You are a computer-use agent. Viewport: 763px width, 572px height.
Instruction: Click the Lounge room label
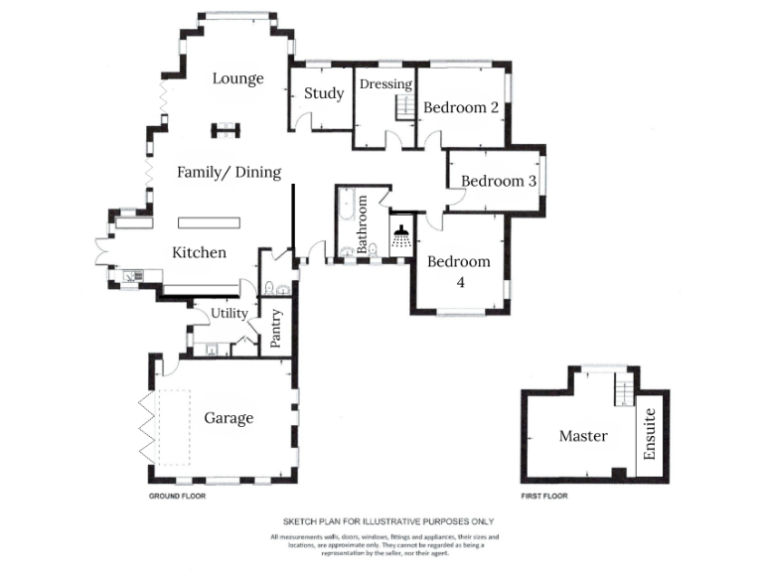(238, 78)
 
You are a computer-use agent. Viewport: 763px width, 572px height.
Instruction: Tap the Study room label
(324, 93)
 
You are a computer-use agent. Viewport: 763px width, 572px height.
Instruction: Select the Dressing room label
(385, 84)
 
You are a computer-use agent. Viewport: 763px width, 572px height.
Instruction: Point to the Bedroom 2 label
(461, 107)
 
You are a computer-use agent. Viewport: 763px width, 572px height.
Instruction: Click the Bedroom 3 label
(499, 182)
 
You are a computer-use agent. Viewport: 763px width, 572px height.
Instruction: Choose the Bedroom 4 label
(459, 271)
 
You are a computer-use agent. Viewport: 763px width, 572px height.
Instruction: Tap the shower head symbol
(402, 236)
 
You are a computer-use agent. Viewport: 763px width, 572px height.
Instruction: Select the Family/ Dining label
(229, 172)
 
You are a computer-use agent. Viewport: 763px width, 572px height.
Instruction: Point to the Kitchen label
(200, 252)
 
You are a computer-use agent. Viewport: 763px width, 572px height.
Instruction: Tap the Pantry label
(276, 329)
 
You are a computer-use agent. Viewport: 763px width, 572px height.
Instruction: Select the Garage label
(229, 418)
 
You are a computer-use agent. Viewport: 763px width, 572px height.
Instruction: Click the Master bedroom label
(583, 436)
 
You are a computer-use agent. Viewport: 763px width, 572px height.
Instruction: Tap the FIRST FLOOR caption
(544, 495)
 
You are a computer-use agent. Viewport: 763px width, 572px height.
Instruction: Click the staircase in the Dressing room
(404, 106)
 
